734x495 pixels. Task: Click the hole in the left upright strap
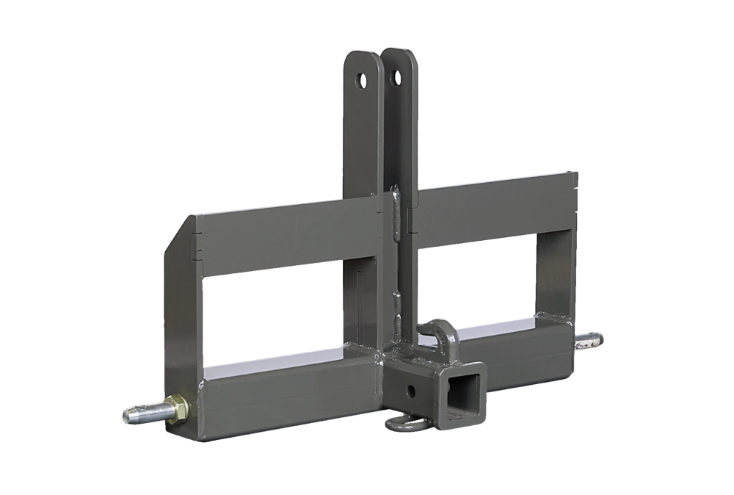click(362, 79)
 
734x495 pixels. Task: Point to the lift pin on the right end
click(591, 339)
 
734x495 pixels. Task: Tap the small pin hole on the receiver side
click(404, 387)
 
